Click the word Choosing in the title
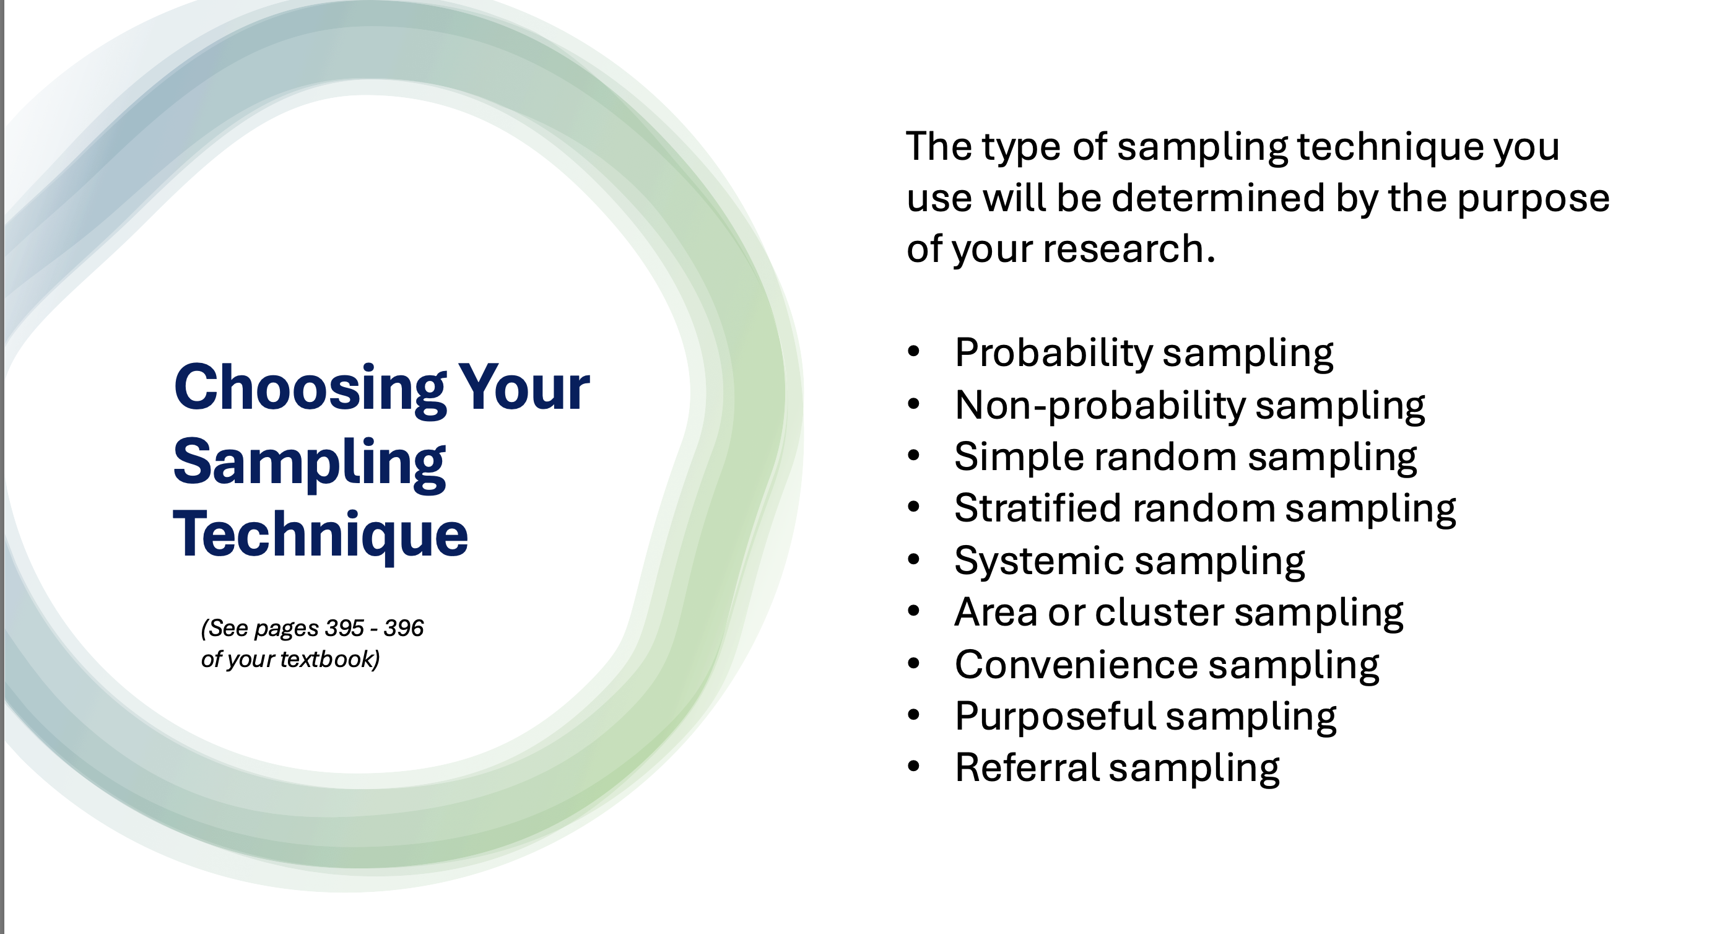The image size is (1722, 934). (310, 390)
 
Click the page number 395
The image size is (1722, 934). (345, 629)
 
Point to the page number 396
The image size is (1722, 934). (404, 629)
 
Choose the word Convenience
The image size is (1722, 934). (1077, 665)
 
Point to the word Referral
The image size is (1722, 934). (1027, 767)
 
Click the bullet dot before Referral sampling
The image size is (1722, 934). (914, 767)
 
